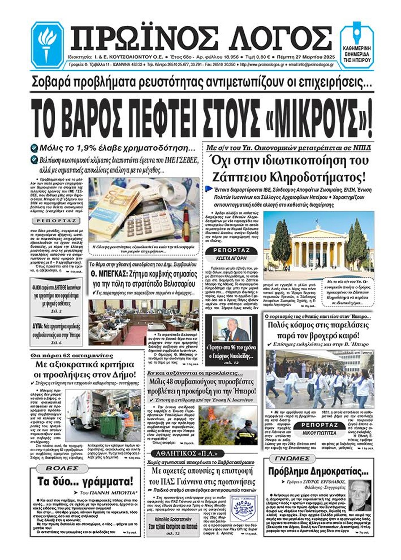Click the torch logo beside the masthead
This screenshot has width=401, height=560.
(47, 43)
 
